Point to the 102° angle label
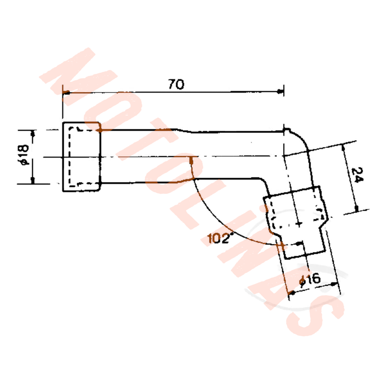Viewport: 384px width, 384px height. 220,238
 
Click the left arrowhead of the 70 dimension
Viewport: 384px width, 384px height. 65,93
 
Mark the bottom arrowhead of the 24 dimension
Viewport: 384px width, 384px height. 357,209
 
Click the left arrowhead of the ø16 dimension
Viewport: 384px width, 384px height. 291,294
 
